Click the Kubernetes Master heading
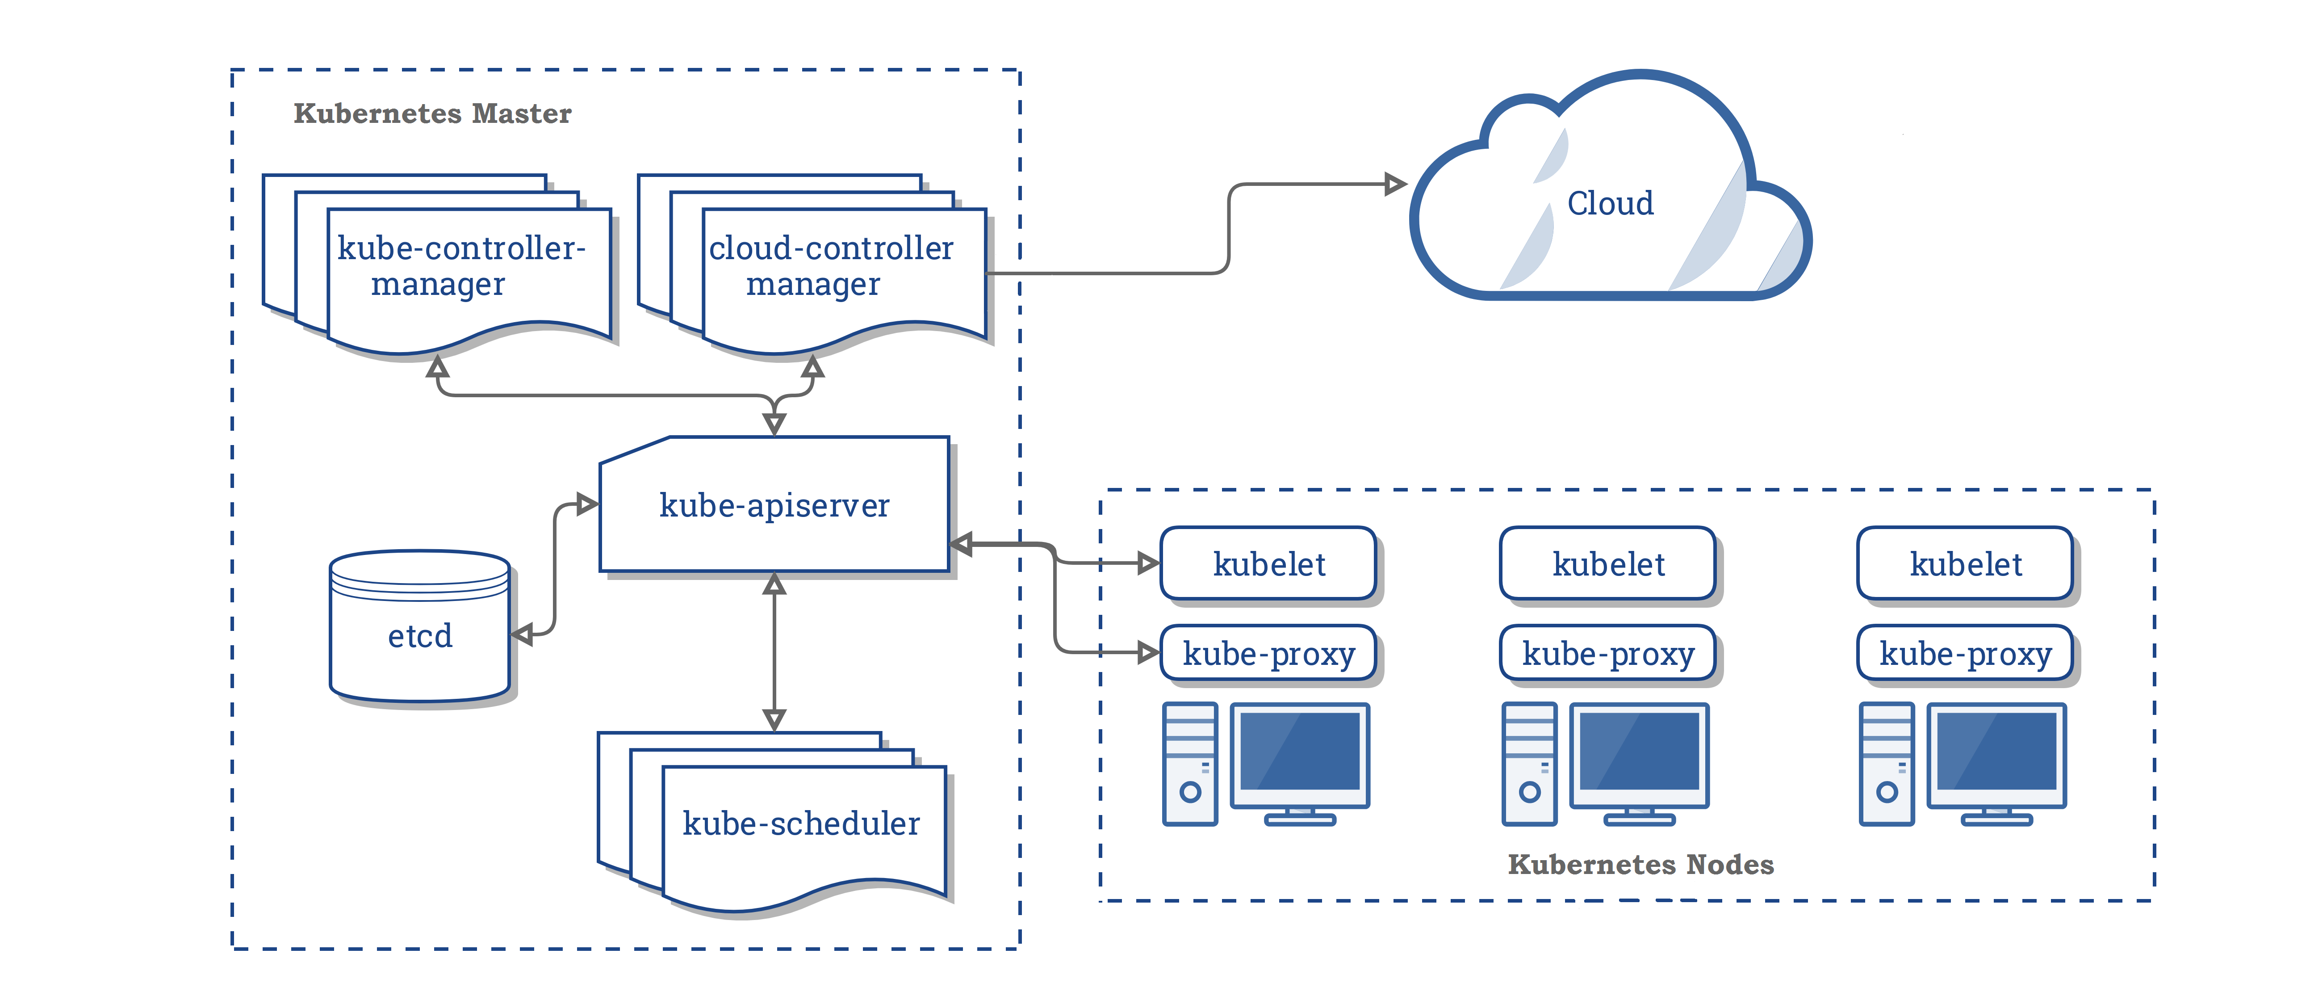click(x=432, y=114)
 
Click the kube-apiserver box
click(x=774, y=505)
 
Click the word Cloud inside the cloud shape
click(x=1610, y=204)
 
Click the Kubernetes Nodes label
click(x=1640, y=865)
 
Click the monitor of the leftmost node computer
click(x=1299, y=753)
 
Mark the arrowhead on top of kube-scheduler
click(x=774, y=719)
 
